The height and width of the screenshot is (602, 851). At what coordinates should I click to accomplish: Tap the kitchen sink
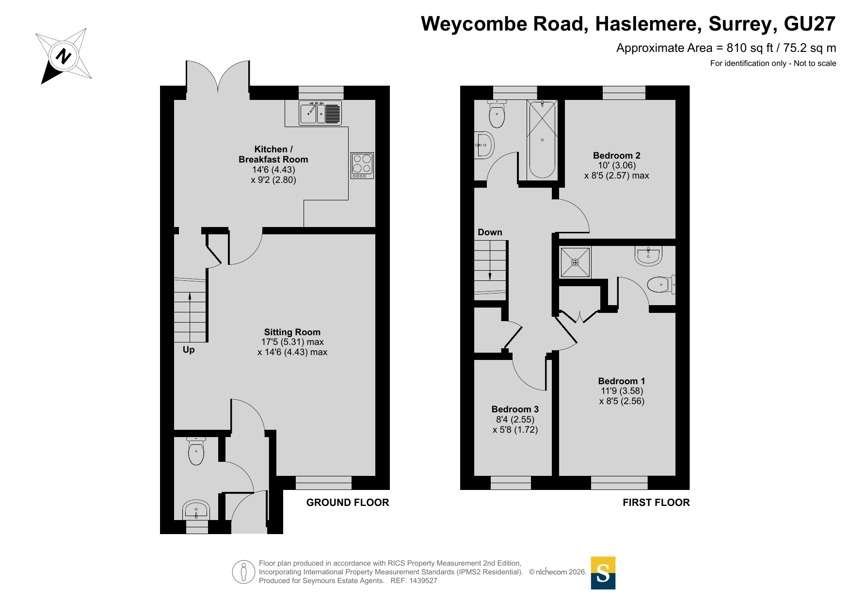(320, 113)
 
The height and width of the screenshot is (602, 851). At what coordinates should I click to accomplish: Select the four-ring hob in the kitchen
(362, 165)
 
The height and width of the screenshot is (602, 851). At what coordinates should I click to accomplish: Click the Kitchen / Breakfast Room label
(273, 154)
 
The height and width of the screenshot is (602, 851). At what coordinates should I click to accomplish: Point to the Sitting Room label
(292, 332)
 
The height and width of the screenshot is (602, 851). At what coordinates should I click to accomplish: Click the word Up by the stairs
(189, 350)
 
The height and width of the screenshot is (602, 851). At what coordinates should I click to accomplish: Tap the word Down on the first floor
(490, 232)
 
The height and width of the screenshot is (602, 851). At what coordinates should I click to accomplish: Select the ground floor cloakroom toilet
(196, 451)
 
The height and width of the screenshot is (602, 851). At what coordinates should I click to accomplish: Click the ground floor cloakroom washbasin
(196, 510)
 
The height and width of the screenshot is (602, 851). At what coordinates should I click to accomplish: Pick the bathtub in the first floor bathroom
(542, 140)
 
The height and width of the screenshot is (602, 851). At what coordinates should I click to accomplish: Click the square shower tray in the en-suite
(576, 262)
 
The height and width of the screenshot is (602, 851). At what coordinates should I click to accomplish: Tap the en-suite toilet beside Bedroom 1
(661, 285)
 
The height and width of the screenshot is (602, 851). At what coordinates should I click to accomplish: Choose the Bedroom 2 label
(617, 156)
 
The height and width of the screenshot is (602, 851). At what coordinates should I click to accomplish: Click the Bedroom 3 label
(515, 409)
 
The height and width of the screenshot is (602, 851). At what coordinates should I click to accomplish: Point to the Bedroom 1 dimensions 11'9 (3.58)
(622, 391)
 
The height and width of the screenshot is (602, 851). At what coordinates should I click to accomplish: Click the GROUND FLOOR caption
(348, 503)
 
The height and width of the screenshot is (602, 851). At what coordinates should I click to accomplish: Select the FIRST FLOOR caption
(656, 503)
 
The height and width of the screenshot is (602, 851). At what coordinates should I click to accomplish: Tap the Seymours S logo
(603, 573)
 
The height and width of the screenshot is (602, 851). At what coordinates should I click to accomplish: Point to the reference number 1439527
(423, 581)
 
